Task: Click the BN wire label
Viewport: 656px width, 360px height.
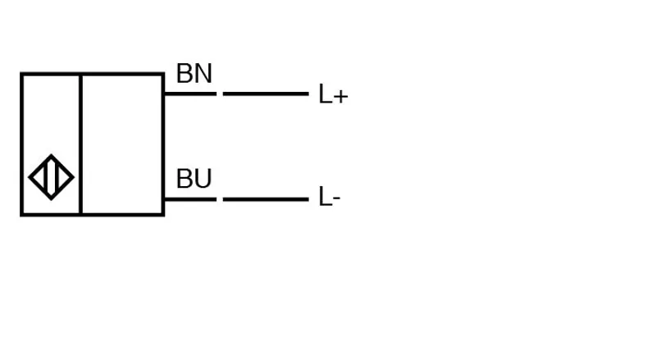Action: pyautogui.click(x=194, y=73)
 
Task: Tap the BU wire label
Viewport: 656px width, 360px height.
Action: pyautogui.click(x=194, y=179)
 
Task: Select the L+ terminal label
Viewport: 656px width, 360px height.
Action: pyautogui.click(x=333, y=93)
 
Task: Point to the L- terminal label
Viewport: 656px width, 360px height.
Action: pyautogui.click(x=330, y=197)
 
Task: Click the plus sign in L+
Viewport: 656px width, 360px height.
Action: pyautogui.click(x=341, y=97)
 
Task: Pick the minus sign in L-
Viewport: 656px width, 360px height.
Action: pyautogui.click(x=337, y=198)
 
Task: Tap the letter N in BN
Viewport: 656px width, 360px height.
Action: pyautogui.click(x=203, y=73)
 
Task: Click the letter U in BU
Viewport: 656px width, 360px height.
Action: pyautogui.click(x=203, y=179)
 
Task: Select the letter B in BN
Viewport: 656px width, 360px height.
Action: pyautogui.click(x=184, y=73)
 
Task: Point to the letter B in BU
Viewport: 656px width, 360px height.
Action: pyautogui.click(x=184, y=179)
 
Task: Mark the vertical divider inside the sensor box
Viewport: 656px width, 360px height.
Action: pyautogui.click(x=80, y=144)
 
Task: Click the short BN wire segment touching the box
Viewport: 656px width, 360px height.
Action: pyautogui.click(x=190, y=93)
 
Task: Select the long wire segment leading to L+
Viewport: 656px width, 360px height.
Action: pyautogui.click(x=266, y=93)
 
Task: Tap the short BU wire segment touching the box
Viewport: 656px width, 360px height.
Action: pyautogui.click(x=190, y=199)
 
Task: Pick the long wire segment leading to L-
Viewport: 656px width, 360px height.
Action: pyautogui.click(x=266, y=199)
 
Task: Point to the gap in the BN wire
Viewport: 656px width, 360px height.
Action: pyautogui.click(x=220, y=93)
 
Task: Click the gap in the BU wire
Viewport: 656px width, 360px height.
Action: pyautogui.click(x=220, y=199)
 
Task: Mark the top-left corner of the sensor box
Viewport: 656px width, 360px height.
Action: pyautogui.click(x=20, y=73)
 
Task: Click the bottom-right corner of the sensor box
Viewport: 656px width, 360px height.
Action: pyautogui.click(x=164, y=216)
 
